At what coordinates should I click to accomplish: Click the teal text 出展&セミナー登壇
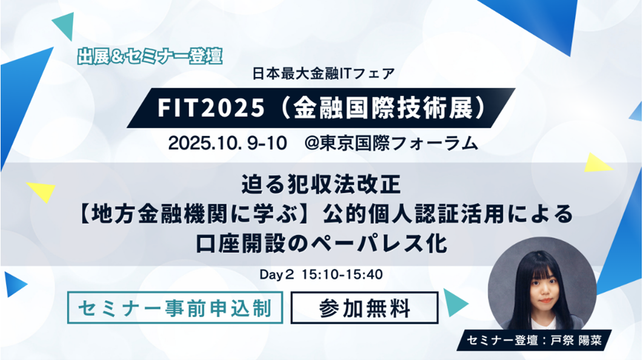(x=150, y=56)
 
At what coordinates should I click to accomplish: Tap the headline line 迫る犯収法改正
(x=321, y=181)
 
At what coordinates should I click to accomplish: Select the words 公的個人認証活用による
(x=448, y=213)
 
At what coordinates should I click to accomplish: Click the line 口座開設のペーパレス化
(x=321, y=244)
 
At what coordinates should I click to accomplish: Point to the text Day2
(x=277, y=275)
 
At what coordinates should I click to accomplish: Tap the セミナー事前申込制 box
(x=176, y=308)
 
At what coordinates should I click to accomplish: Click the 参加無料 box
(x=364, y=308)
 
